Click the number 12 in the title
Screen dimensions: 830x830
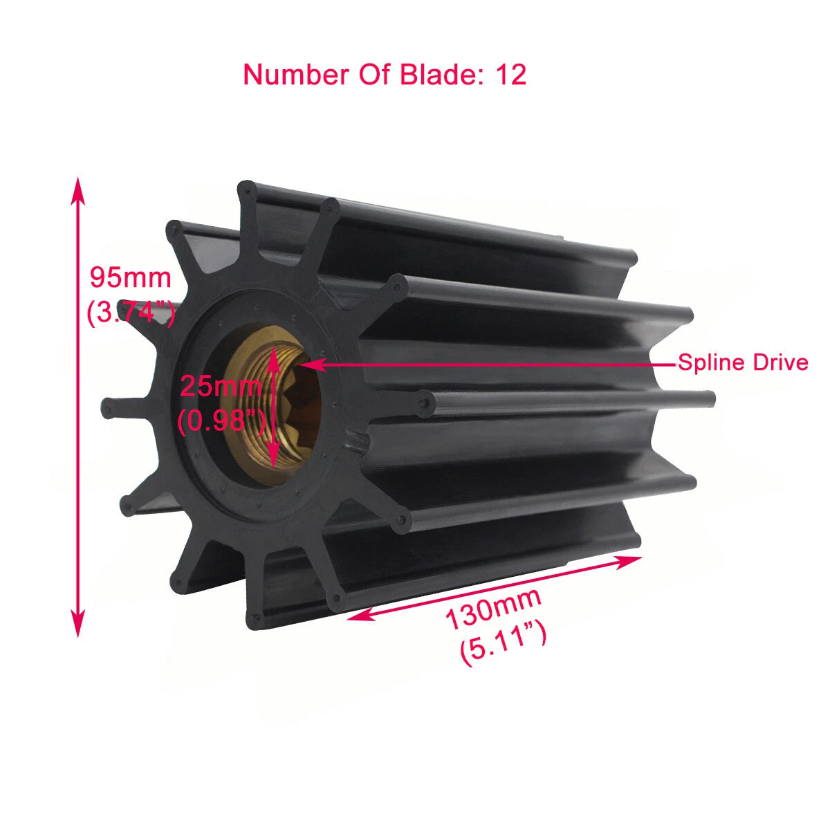click(x=511, y=75)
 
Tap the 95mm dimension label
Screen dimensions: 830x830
click(x=131, y=277)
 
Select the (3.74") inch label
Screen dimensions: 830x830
click(x=131, y=313)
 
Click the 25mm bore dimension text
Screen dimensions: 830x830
click(x=221, y=385)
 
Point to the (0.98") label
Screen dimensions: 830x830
click(x=221, y=420)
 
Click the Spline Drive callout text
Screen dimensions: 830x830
click(x=742, y=362)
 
